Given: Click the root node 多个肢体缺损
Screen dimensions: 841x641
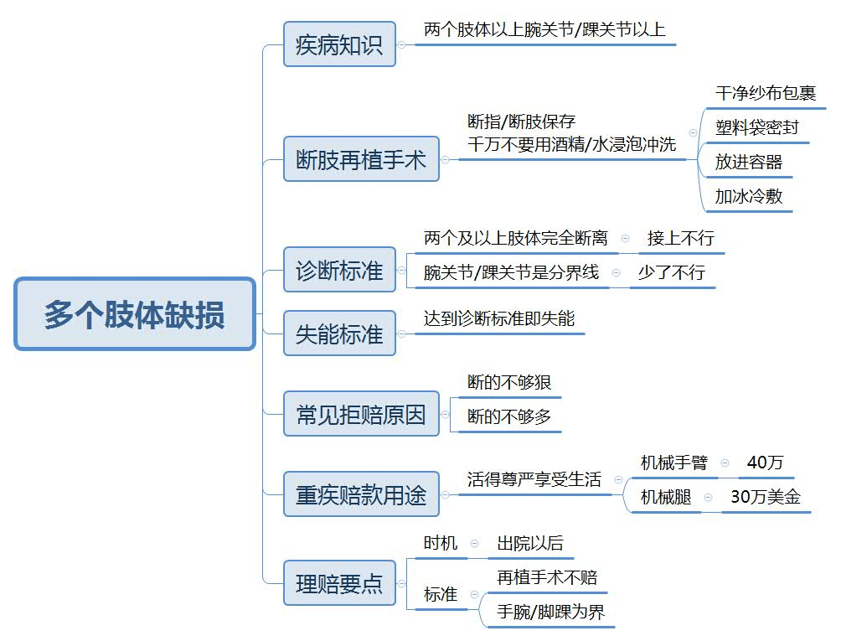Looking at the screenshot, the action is pyautogui.click(x=135, y=313).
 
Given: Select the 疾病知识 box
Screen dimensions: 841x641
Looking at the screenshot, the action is pyautogui.click(x=339, y=44).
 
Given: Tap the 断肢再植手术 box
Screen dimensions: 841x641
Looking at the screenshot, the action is pyautogui.click(x=361, y=159).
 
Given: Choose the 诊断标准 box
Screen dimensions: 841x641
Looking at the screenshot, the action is pyautogui.click(x=339, y=270).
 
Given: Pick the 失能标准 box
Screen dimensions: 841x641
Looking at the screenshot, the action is pyautogui.click(x=339, y=333).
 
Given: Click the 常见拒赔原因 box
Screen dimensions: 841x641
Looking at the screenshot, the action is pyautogui.click(x=361, y=414).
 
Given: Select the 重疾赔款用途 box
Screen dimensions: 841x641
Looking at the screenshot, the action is pyautogui.click(x=361, y=494).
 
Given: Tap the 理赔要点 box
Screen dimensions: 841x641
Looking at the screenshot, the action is pyautogui.click(x=339, y=583).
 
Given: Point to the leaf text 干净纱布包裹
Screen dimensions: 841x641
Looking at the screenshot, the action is pyautogui.click(x=766, y=93).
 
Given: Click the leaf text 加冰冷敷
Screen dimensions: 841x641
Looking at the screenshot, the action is pyautogui.click(x=749, y=196).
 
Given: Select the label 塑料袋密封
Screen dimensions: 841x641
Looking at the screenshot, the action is pyautogui.click(x=756, y=127).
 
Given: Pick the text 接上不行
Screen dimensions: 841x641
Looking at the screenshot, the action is pyautogui.click(x=681, y=238).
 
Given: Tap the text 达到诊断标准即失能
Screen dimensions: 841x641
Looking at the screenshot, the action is pyautogui.click(x=498, y=318).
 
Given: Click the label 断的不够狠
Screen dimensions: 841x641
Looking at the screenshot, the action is pyautogui.click(x=509, y=382).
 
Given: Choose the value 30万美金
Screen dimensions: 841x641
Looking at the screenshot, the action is pyautogui.click(x=766, y=497).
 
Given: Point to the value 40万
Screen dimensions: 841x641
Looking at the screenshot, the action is pyautogui.click(x=766, y=463).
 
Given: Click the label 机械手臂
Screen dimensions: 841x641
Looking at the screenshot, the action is pyautogui.click(x=674, y=463).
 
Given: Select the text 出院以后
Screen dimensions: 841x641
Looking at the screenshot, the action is pyautogui.click(x=530, y=543).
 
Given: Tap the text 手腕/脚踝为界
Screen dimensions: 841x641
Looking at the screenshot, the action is pyautogui.click(x=550, y=612).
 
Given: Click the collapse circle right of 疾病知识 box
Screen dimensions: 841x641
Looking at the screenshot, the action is pyautogui.click(x=401, y=44).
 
